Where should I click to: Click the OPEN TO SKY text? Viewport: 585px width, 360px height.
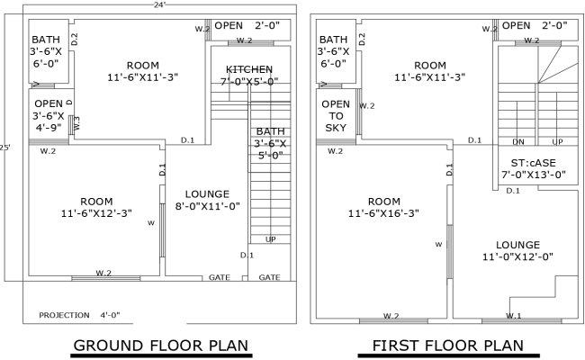tap(335, 116)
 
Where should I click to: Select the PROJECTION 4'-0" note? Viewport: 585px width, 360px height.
tap(79, 315)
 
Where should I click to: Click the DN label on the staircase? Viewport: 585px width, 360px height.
tap(517, 142)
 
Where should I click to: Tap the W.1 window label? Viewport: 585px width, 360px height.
tap(513, 316)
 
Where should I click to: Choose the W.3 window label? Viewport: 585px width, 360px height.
tap(76, 123)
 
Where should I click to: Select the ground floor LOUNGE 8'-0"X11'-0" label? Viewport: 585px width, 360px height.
tap(206, 200)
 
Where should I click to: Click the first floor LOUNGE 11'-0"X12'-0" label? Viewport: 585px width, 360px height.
tap(517, 250)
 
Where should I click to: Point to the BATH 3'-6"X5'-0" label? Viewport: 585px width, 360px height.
tap(269, 142)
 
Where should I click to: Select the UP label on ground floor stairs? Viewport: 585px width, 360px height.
tap(271, 238)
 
